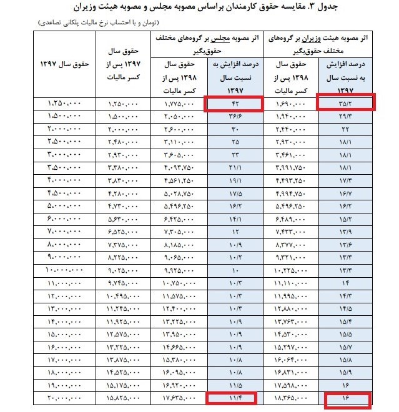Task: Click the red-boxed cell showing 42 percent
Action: [233, 103]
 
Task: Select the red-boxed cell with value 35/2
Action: [347, 103]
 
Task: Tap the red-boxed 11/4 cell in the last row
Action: [233, 396]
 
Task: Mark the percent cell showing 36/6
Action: [233, 116]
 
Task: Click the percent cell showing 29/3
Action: [347, 116]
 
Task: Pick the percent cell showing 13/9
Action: [347, 231]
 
